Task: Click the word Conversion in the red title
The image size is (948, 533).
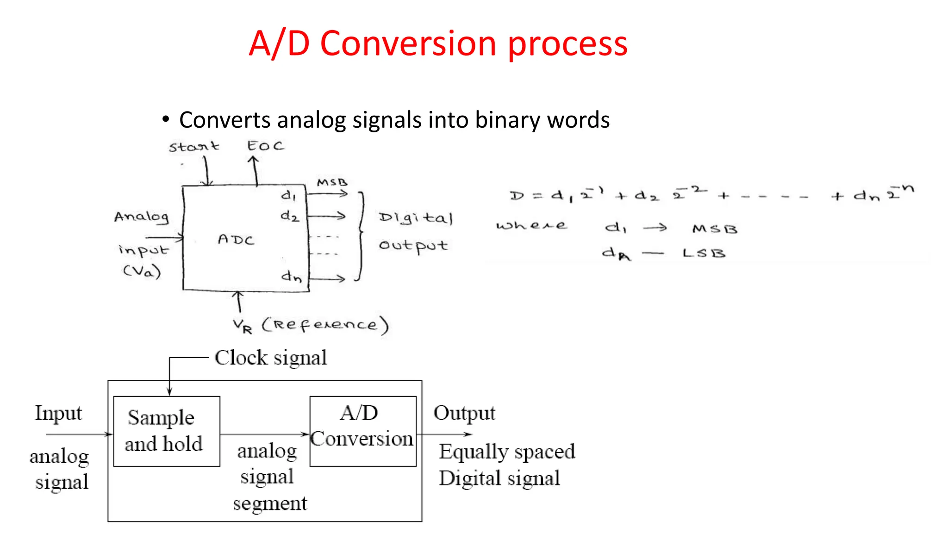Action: [x=408, y=44]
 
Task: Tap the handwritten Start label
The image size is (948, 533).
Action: [x=193, y=147]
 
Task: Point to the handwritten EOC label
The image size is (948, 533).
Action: [x=265, y=146]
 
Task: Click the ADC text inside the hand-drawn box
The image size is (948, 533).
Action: [x=236, y=240]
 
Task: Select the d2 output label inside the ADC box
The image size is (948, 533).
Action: [x=290, y=216]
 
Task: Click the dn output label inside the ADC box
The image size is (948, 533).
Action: [x=292, y=277]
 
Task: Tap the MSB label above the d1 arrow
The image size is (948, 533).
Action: [x=332, y=182]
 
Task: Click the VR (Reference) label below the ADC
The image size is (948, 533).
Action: [x=311, y=325]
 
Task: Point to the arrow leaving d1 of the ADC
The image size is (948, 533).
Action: [x=328, y=194]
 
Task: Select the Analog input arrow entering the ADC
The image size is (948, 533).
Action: [x=164, y=238]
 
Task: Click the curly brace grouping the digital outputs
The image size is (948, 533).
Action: [x=361, y=236]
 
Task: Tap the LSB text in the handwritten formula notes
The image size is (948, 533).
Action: [x=704, y=254]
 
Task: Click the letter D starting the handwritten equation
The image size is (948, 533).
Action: [x=517, y=196]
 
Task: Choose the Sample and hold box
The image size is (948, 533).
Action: [x=167, y=431]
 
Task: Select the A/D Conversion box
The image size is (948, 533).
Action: [x=363, y=431]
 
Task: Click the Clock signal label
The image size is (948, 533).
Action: [x=271, y=358]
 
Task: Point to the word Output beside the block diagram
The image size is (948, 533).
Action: [x=464, y=413]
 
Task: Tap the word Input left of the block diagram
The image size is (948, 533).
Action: [x=58, y=413]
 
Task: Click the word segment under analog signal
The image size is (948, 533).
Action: [x=270, y=504]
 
